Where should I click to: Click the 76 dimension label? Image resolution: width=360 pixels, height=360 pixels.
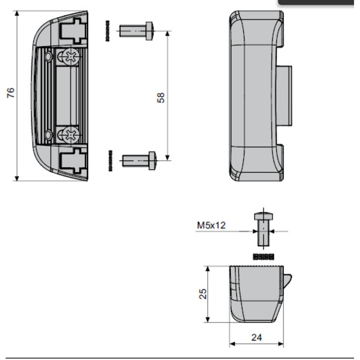point(11,92)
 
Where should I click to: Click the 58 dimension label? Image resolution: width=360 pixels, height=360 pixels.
point(161,97)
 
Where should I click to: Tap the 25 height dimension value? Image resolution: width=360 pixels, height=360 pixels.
point(203,294)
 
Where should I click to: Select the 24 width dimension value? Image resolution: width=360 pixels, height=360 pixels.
point(257,337)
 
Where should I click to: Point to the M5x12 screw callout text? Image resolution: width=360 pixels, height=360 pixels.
point(211,225)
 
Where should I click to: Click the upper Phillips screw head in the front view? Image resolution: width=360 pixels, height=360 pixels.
point(71,57)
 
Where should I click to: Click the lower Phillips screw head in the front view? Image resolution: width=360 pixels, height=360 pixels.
point(71,135)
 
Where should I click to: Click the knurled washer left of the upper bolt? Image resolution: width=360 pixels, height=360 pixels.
point(108,31)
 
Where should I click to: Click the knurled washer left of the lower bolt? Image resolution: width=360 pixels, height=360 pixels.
point(111,161)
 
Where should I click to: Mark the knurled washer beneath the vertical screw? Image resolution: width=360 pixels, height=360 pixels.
point(263,257)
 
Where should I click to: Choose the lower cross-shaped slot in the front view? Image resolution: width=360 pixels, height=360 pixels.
point(73,160)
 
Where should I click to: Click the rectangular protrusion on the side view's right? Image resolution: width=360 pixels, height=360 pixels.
point(284,96)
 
